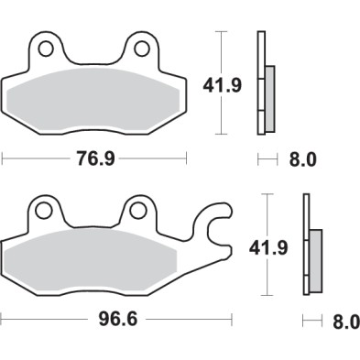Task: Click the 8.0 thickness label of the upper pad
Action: click(x=302, y=159)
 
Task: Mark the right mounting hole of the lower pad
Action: click(x=137, y=211)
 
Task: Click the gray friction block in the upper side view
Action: click(x=271, y=96)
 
